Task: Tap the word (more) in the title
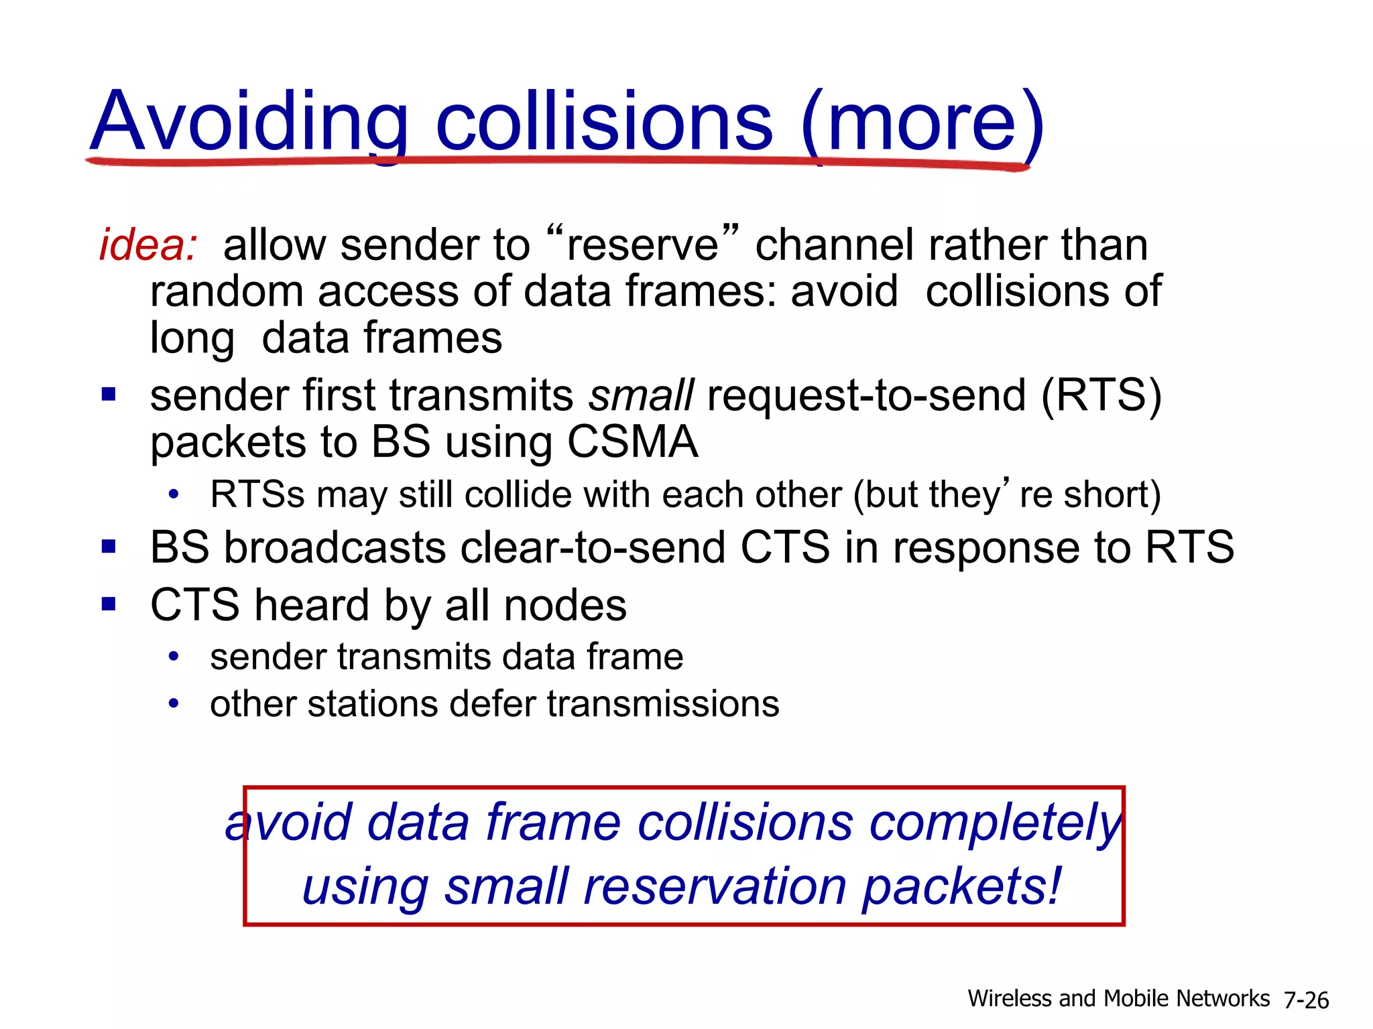(922, 124)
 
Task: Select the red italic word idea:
(148, 245)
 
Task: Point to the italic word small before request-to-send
(641, 396)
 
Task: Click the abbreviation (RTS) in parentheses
(1101, 396)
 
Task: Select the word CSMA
(632, 443)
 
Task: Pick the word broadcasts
(335, 548)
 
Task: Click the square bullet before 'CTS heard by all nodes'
(109, 605)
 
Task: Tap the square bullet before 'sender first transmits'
(109, 394)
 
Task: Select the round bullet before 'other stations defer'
(174, 704)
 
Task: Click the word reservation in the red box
(715, 887)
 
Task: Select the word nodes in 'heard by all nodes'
(565, 606)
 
